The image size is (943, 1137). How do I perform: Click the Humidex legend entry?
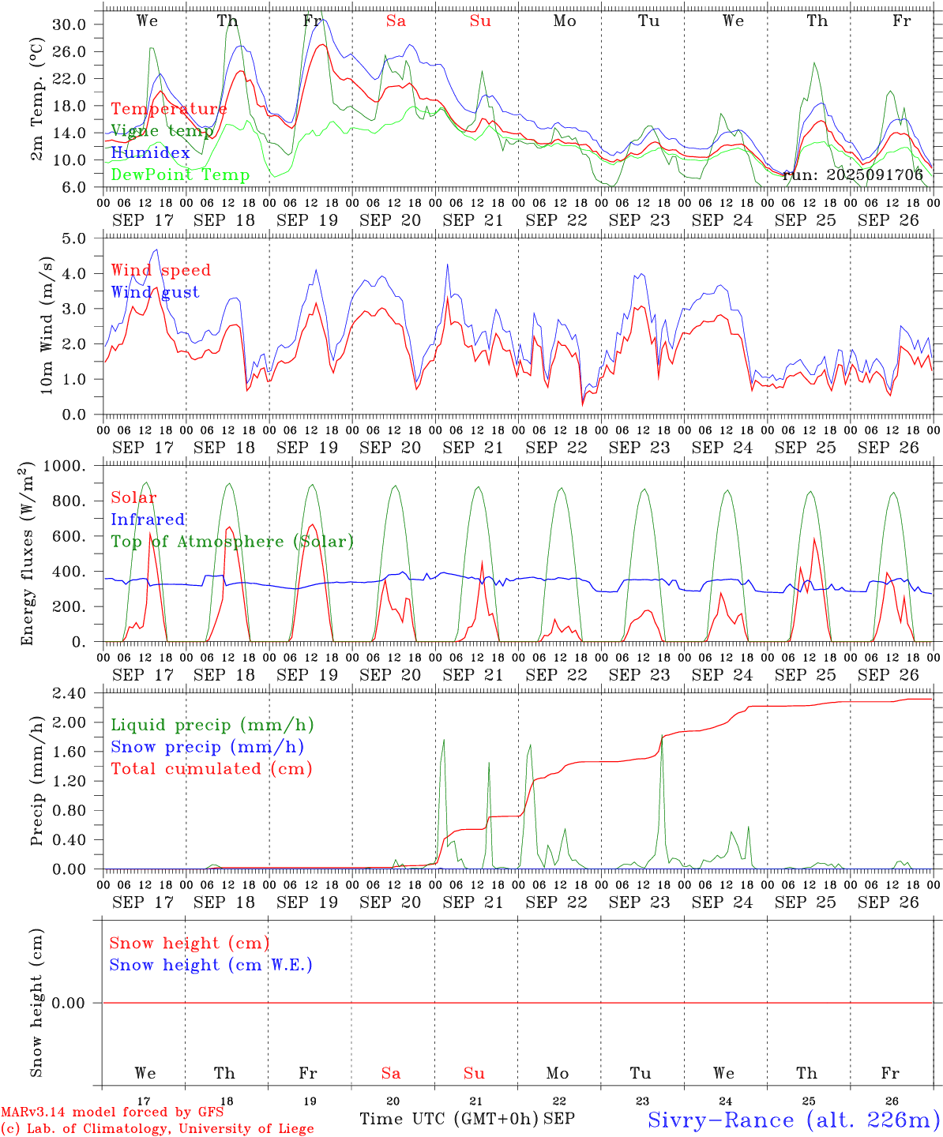tap(150, 152)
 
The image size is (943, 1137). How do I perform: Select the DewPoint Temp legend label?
tap(180, 174)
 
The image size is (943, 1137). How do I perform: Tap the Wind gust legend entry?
tap(155, 292)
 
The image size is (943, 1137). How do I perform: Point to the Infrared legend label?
tap(148, 520)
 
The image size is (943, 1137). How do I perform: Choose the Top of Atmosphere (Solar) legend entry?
tap(232, 542)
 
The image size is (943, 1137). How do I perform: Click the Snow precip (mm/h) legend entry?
tap(207, 747)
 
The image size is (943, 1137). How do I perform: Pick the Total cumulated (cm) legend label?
tap(211, 768)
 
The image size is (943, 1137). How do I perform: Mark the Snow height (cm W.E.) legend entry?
tap(211, 965)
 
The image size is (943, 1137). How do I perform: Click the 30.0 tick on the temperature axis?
tap(70, 24)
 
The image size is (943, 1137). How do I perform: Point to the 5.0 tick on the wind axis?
tap(74, 238)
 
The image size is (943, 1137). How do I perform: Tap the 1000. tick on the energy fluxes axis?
tap(64, 466)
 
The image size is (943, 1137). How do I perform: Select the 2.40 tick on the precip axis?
tap(70, 693)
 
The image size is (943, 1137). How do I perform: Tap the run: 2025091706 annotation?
tap(852, 174)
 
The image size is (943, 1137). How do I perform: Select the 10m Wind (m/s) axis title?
tap(47, 325)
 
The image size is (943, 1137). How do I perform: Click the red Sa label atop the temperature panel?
tap(396, 21)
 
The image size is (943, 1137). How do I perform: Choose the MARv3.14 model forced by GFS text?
tap(112, 1112)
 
